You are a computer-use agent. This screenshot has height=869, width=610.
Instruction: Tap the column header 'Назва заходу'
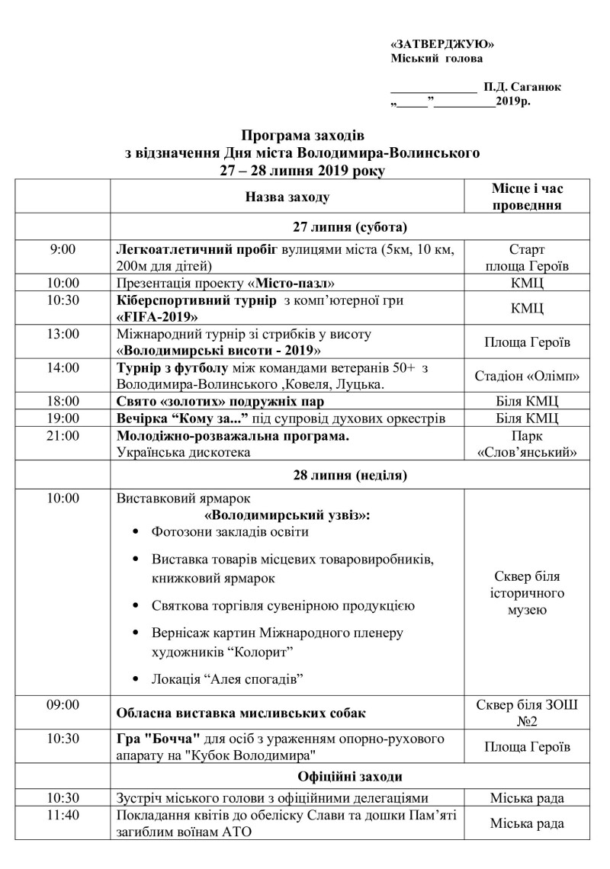(287, 198)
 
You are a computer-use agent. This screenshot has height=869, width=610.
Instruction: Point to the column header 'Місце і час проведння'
(527, 197)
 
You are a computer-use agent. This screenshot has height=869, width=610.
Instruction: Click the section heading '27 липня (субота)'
(350, 227)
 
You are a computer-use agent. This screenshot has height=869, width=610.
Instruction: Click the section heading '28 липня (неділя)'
(350, 476)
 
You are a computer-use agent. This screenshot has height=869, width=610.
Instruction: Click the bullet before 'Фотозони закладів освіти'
(136, 532)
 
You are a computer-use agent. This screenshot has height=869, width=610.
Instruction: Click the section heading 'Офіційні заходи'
(350, 777)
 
